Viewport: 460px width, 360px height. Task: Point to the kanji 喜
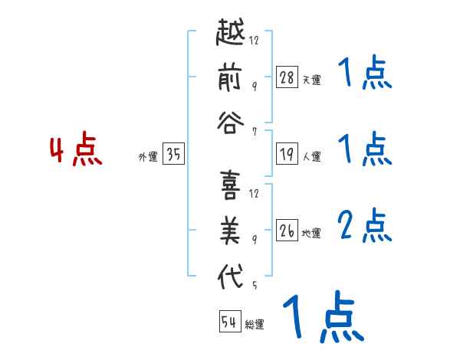point(231,186)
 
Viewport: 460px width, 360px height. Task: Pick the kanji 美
point(231,232)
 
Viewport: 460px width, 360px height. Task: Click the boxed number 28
point(287,77)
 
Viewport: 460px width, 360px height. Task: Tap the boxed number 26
point(287,231)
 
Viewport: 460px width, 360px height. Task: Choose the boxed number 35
point(173,155)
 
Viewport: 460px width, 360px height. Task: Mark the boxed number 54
point(229,322)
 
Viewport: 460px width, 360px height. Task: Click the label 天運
point(312,80)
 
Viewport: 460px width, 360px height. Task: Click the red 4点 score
point(75,151)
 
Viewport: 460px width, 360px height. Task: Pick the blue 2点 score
point(363,227)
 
